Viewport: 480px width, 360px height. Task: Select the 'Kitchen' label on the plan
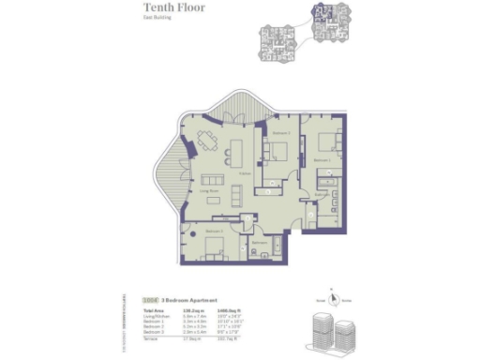pyautogui.click(x=244, y=173)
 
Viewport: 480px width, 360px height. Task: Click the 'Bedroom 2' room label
pyautogui.click(x=278, y=134)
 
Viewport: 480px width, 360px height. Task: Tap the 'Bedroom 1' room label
pyautogui.click(x=322, y=160)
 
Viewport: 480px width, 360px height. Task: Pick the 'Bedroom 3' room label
pyautogui.click(x=215, y=230)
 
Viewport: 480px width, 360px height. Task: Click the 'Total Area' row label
pyautogui.click(x=152, y=309)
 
